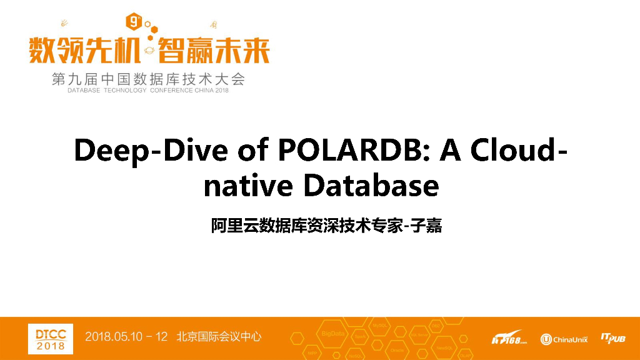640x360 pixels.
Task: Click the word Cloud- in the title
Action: pos(519,152)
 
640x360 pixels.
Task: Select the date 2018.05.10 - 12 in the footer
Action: pos(126,337)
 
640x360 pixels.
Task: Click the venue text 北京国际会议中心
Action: pos(219,337)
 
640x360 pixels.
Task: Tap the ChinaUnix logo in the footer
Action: pos(564,339)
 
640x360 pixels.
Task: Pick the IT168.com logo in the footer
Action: pos(509,339)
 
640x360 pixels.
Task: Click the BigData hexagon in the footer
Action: pos(332,334)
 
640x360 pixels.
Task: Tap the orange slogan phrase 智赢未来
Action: pos(214,50)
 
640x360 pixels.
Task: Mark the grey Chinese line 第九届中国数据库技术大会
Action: pos(149,79)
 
